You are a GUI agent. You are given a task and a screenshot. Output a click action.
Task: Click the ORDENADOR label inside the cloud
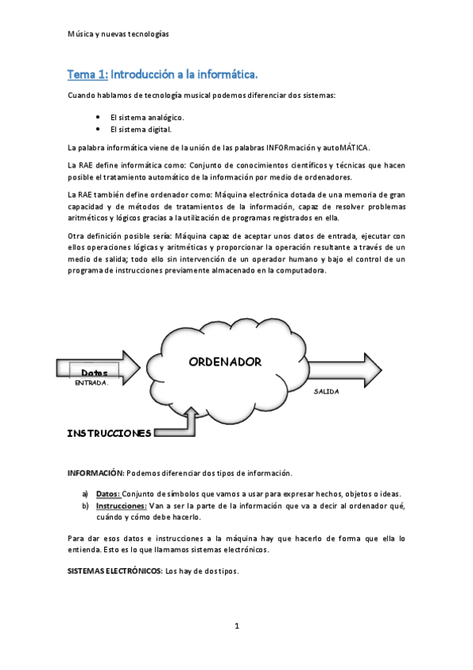click(x=225, y=361)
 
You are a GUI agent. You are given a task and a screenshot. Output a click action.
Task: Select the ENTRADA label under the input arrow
click(x=91, y=382)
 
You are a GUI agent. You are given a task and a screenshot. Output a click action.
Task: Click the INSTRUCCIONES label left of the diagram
click(x=109, y=433)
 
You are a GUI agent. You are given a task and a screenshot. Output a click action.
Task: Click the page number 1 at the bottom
click(x=236, y=626)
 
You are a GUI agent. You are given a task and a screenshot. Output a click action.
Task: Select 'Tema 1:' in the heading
click(x=88, y=74)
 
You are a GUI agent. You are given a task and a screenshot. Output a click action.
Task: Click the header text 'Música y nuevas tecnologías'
click(x=119, y=35)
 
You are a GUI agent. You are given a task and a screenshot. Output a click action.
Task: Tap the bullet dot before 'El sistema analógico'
click(x=97, y=115)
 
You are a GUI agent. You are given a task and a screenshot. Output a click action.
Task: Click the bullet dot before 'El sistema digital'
click(x=97, y=128)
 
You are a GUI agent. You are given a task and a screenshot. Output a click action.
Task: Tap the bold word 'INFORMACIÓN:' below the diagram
click(x=96, y=473)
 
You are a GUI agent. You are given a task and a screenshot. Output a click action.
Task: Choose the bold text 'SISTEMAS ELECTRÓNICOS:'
click(x=115, y=570)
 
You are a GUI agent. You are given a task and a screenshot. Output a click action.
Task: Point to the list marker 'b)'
click(x=84, y=506)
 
